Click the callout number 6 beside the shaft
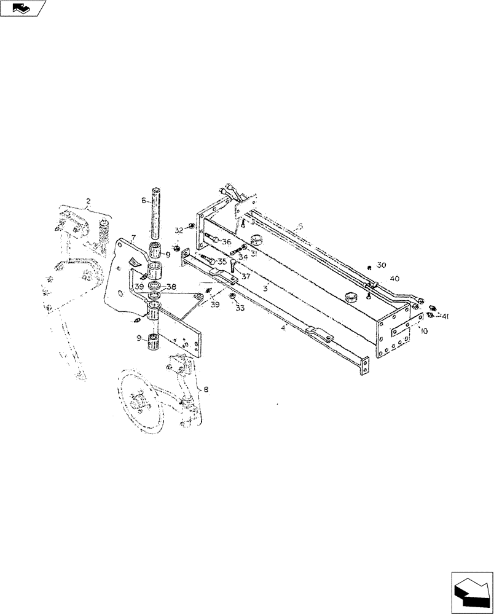click(144, 200)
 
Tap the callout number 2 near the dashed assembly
click(88, 201)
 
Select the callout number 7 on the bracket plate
click(133, 238)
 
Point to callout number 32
click(179, 230)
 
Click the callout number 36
click(226, 242)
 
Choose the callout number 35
click(222, 262)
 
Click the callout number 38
click(171, 287)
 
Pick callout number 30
click(381, 265)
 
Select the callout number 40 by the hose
click(394, 278)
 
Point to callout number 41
click(445, 317)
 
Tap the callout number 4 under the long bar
click(283, 328)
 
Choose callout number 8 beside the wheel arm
click(205, 389)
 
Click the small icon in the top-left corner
click(23, 8)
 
